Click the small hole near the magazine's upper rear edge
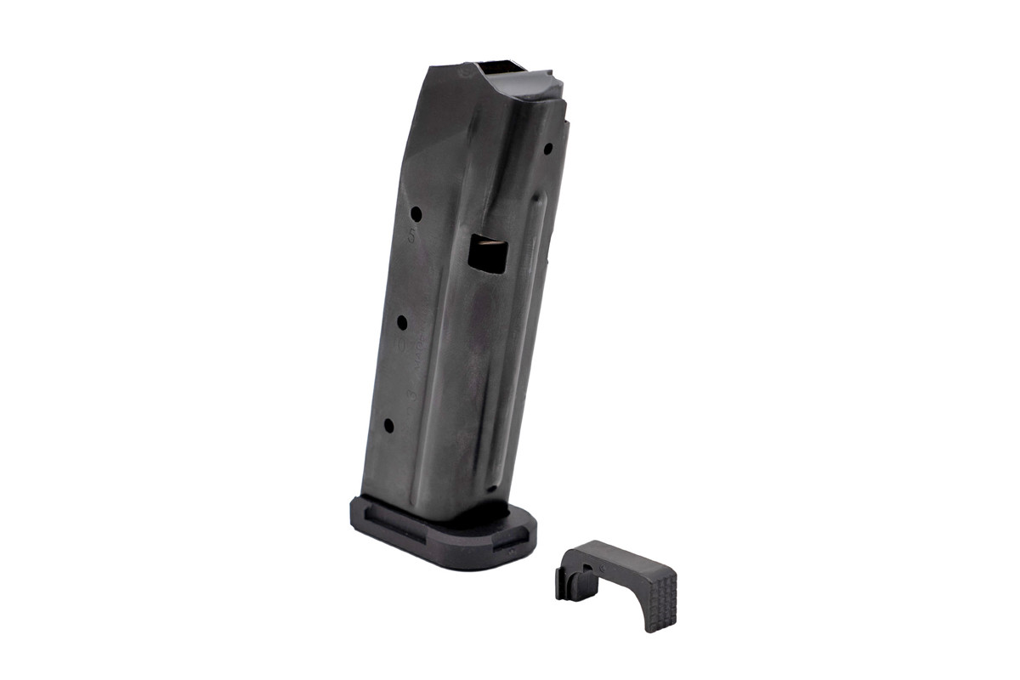point(548,149)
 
